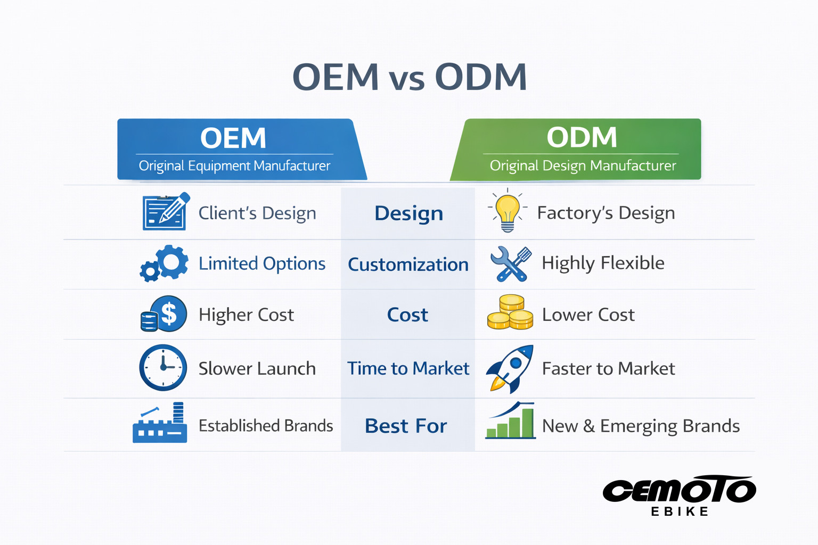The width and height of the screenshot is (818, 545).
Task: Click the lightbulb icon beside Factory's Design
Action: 508,212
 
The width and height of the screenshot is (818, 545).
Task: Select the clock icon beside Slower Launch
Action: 163,368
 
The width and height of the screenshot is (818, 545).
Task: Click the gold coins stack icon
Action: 510,313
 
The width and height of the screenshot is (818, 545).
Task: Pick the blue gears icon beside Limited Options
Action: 164,263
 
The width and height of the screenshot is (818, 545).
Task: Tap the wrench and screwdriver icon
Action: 510,263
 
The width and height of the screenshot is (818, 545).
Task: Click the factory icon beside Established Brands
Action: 160,424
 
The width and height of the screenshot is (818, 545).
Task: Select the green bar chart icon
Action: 510,422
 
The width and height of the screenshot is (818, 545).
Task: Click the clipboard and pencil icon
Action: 165,212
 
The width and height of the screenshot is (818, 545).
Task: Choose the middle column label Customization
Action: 408,265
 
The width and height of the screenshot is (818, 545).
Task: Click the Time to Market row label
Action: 408,368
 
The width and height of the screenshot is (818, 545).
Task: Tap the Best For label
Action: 406,426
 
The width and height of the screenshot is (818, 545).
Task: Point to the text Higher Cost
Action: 246,315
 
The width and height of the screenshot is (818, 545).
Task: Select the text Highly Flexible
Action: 603,263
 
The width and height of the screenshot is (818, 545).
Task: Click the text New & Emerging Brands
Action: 641,426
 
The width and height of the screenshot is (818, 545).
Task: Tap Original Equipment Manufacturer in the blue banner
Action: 234,166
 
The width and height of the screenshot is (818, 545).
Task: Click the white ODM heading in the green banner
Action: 582,137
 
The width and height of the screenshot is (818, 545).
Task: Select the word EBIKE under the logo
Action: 680,511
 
